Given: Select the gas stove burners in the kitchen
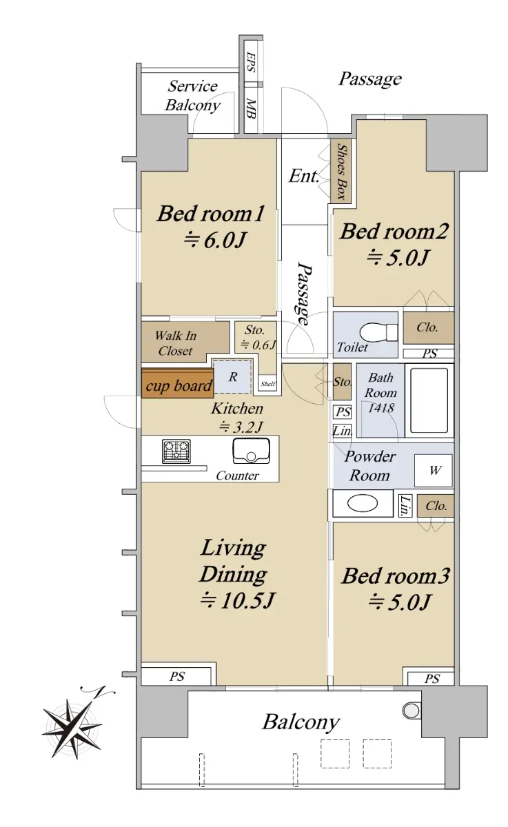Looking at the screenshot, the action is [x=176, y=451].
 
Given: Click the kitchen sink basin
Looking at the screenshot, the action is [x=251, y=451].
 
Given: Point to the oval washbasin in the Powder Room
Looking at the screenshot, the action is [x=363, y=503].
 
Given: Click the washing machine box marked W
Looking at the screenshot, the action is [x=433, y=470].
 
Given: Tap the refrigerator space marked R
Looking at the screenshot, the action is [x=232, y=376].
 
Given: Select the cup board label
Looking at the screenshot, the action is [x=179, y=386].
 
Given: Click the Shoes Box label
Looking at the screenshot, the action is [x=341, y=172].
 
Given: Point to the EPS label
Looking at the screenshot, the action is [x=251, y=61].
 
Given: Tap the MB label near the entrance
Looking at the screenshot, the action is [x=251, y=109].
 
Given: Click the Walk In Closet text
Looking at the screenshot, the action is [x=175, y=343].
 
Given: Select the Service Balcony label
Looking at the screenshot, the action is [x=192, y=96].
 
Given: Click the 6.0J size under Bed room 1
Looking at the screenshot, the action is [x=215, y=240].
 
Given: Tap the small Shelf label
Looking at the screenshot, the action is [x=267, y=384].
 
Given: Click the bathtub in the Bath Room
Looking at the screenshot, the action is [x=429, y=400].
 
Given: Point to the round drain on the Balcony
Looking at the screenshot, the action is [x=412, y=710].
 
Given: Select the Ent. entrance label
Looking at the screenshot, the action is [x=303, y=176].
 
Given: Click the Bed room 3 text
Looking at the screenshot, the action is [x=396, y=576].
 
